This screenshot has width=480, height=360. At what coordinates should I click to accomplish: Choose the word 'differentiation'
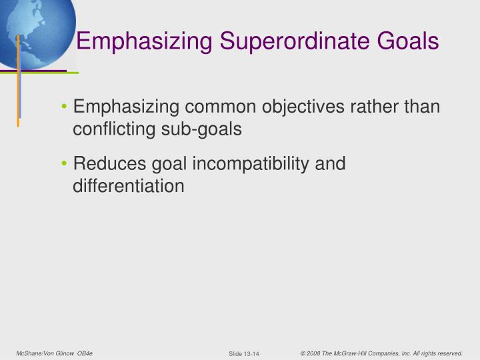pyautogui.click(x=128, y=185)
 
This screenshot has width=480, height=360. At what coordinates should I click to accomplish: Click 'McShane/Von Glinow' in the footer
pyautogui.click(x=45, y=353)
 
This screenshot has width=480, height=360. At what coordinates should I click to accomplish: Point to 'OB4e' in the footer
pyautogui.click(x=85, y=353)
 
